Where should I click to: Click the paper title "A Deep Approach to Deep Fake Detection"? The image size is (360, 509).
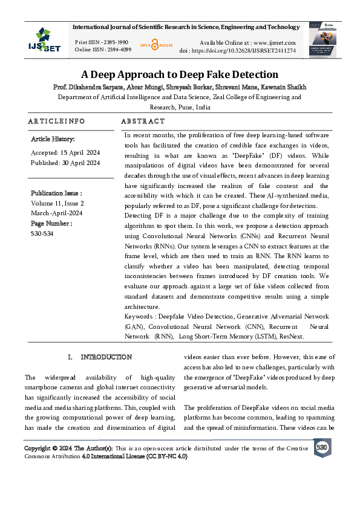180,75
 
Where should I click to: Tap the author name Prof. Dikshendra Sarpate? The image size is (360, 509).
87,87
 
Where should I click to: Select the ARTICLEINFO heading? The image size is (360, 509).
56,122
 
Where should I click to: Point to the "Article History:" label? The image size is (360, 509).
53,140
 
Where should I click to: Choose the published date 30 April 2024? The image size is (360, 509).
80,163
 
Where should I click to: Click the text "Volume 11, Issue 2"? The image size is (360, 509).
57,204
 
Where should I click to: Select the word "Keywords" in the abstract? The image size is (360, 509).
139,316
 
